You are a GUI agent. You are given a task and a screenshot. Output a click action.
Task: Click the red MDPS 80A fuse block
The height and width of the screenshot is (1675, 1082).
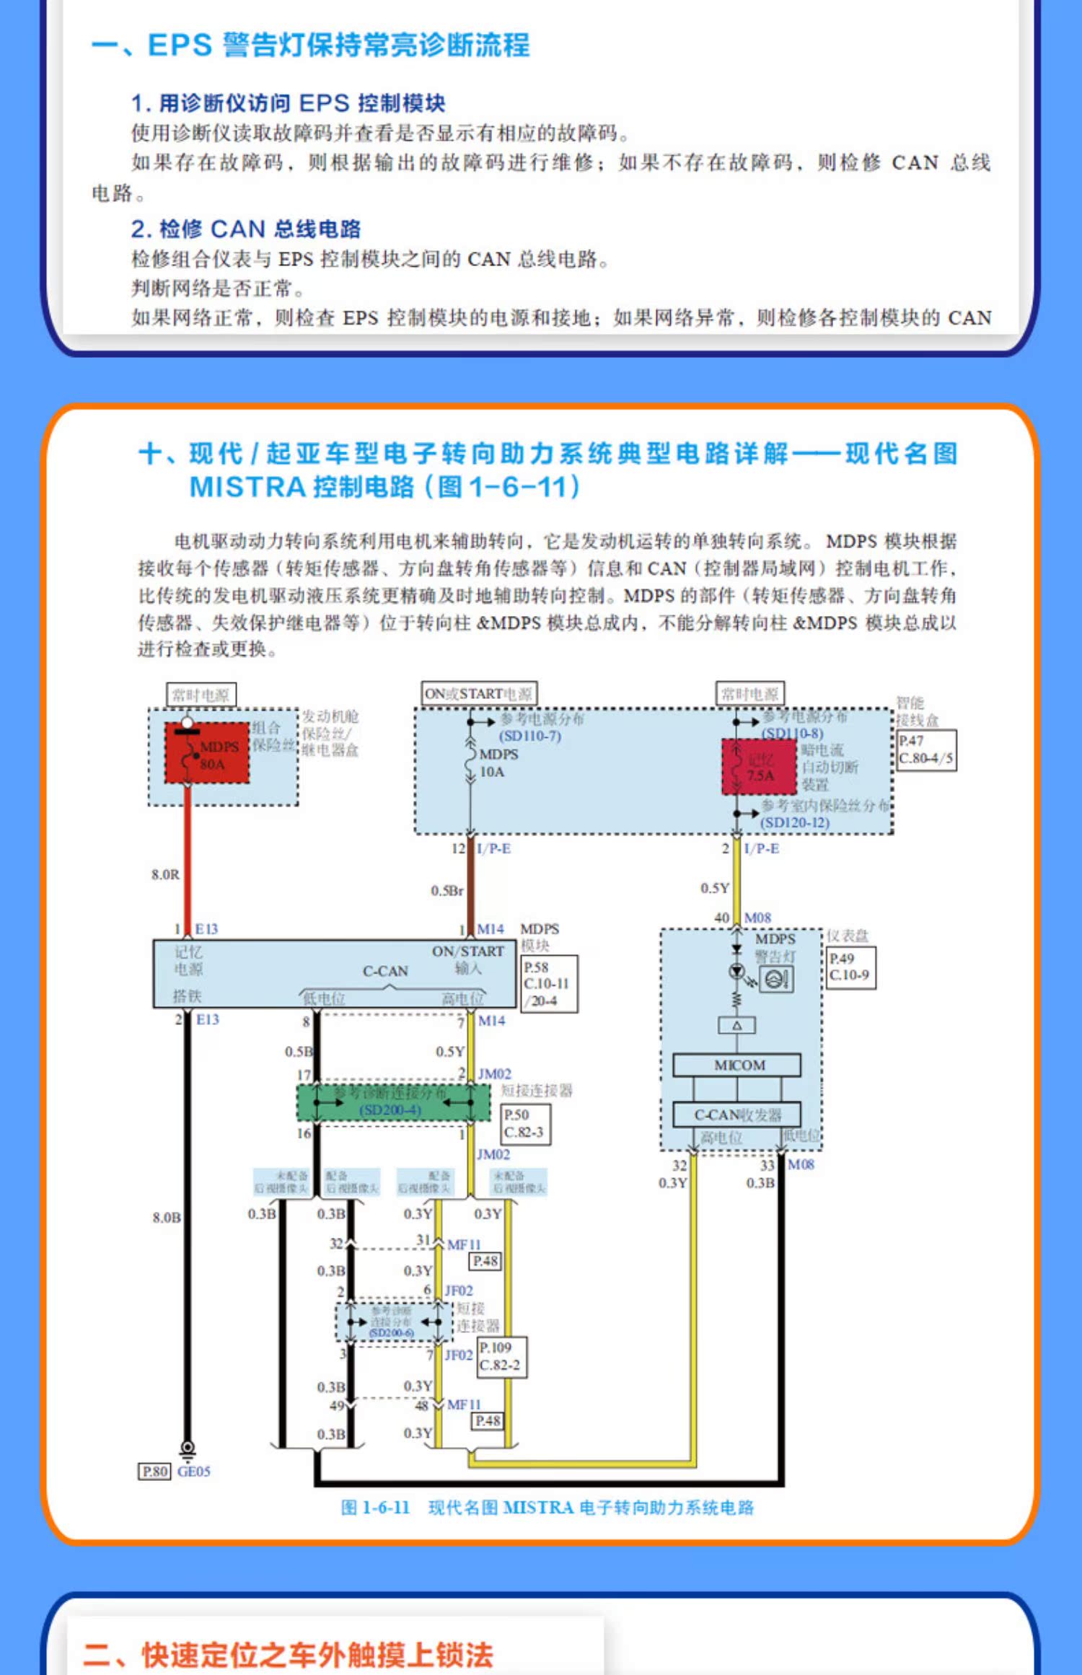pyautogui.click(x=207, y=752)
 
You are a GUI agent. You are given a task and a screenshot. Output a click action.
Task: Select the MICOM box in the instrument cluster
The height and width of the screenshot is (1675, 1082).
pyautogui.click(x=736, y=1065)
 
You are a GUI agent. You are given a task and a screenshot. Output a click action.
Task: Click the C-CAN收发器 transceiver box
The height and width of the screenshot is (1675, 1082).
pyautogui.click(x=736, y=1115)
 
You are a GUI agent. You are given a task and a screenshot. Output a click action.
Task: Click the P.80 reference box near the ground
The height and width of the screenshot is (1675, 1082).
pyautogui.click(x=154, y=1471)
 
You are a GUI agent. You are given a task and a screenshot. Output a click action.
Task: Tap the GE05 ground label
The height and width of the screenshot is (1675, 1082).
pyautogui.click(x=193, y=1471)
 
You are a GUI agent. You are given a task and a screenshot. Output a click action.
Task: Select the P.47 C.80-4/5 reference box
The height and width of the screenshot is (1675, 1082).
pyautogui.click(x=926, y=749)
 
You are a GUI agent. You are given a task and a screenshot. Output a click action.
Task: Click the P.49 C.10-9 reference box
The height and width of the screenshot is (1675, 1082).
pyautogui.click(x=850, y=967)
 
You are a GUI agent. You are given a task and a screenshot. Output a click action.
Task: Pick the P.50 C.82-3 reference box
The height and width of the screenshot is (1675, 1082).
pyautogui.click(x=526, y=1123)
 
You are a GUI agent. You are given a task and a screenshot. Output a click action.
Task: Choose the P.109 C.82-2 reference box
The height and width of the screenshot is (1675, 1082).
pyautogui.click(x=501, y=1356)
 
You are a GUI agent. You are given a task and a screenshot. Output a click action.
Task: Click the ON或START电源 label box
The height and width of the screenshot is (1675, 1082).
pyautogui.click(x=478, y=694)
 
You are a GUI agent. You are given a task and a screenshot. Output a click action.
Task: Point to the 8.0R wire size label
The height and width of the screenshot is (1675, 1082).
pyautogui.click(x=165, y=874)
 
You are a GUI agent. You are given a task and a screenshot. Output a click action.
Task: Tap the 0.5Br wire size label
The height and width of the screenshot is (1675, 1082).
pyautogui.click(x=447, y=891)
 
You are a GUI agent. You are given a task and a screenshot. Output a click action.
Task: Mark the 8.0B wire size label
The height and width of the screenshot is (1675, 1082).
pyautogui.click(x=167, y=1218)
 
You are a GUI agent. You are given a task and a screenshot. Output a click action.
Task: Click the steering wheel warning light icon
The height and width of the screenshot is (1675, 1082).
pyautogui.click(x=776, y=980)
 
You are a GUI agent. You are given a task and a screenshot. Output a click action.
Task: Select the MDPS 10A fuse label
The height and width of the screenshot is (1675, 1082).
pyautogui.click(x=498, y=762)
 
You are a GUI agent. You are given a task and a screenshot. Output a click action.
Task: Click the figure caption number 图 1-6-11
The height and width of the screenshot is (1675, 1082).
pyautogui.click(x=375, y=1508)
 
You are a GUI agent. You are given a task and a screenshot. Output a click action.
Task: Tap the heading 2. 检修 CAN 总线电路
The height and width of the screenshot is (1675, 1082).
pyautogui.click(x=246, y=229)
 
